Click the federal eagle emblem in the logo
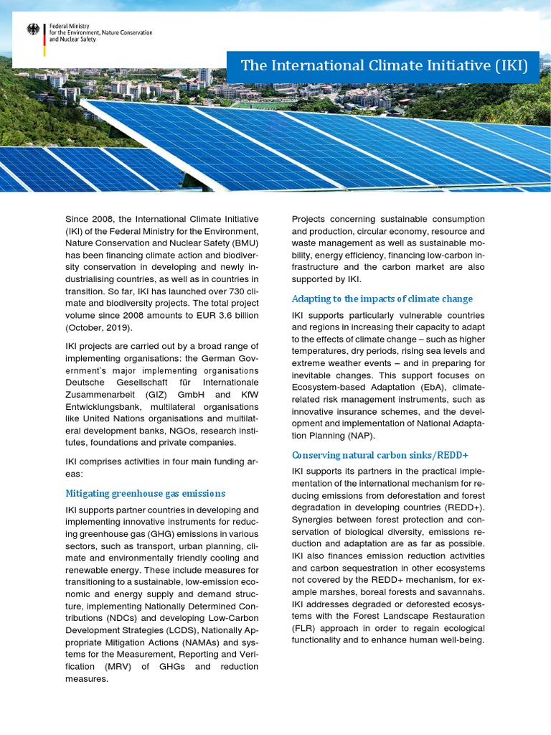click(x=34, y=29)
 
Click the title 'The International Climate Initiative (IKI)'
click(x=384, y=66)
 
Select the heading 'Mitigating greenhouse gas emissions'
click(x=145, y=493)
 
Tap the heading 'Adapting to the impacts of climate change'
click(x=382, y=299)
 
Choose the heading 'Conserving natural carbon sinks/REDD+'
click(x=380, y=455)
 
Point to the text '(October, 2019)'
click(x=99, y=328)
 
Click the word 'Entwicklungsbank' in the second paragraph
click(x=105, y=407)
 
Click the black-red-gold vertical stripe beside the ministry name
click(x=44, y=40)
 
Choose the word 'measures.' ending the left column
click(x=86, y=679)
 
